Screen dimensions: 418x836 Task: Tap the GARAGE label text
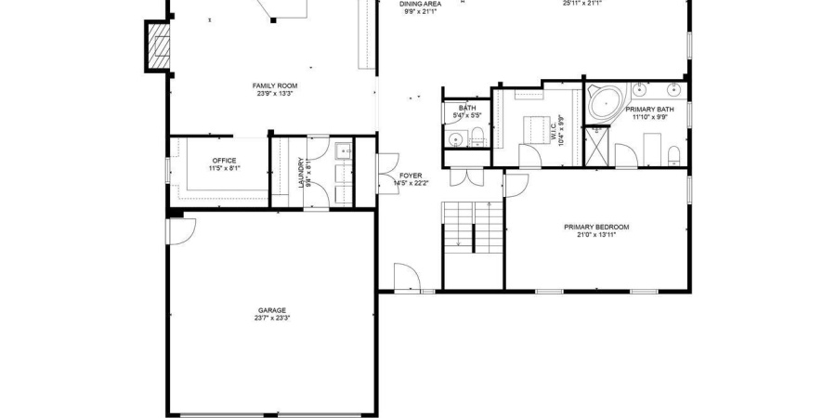click(x=272, y=310)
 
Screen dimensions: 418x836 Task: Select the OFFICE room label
click(x=224, y=161)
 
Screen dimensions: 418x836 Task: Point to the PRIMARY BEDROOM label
click(x=596, y=227)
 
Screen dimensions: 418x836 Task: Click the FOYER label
click(x=411, y=176)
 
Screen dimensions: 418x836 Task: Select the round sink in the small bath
click(x=455, y=139)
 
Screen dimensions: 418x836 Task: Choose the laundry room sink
click(x=342, y=150)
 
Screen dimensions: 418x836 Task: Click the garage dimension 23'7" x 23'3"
click(x=272, y=319)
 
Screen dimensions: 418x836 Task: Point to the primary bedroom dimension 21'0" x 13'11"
click(x=596, y=235)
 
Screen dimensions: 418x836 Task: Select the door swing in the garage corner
click(x=178, y=228)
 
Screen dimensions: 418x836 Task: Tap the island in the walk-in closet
click(x=535, y=126)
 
